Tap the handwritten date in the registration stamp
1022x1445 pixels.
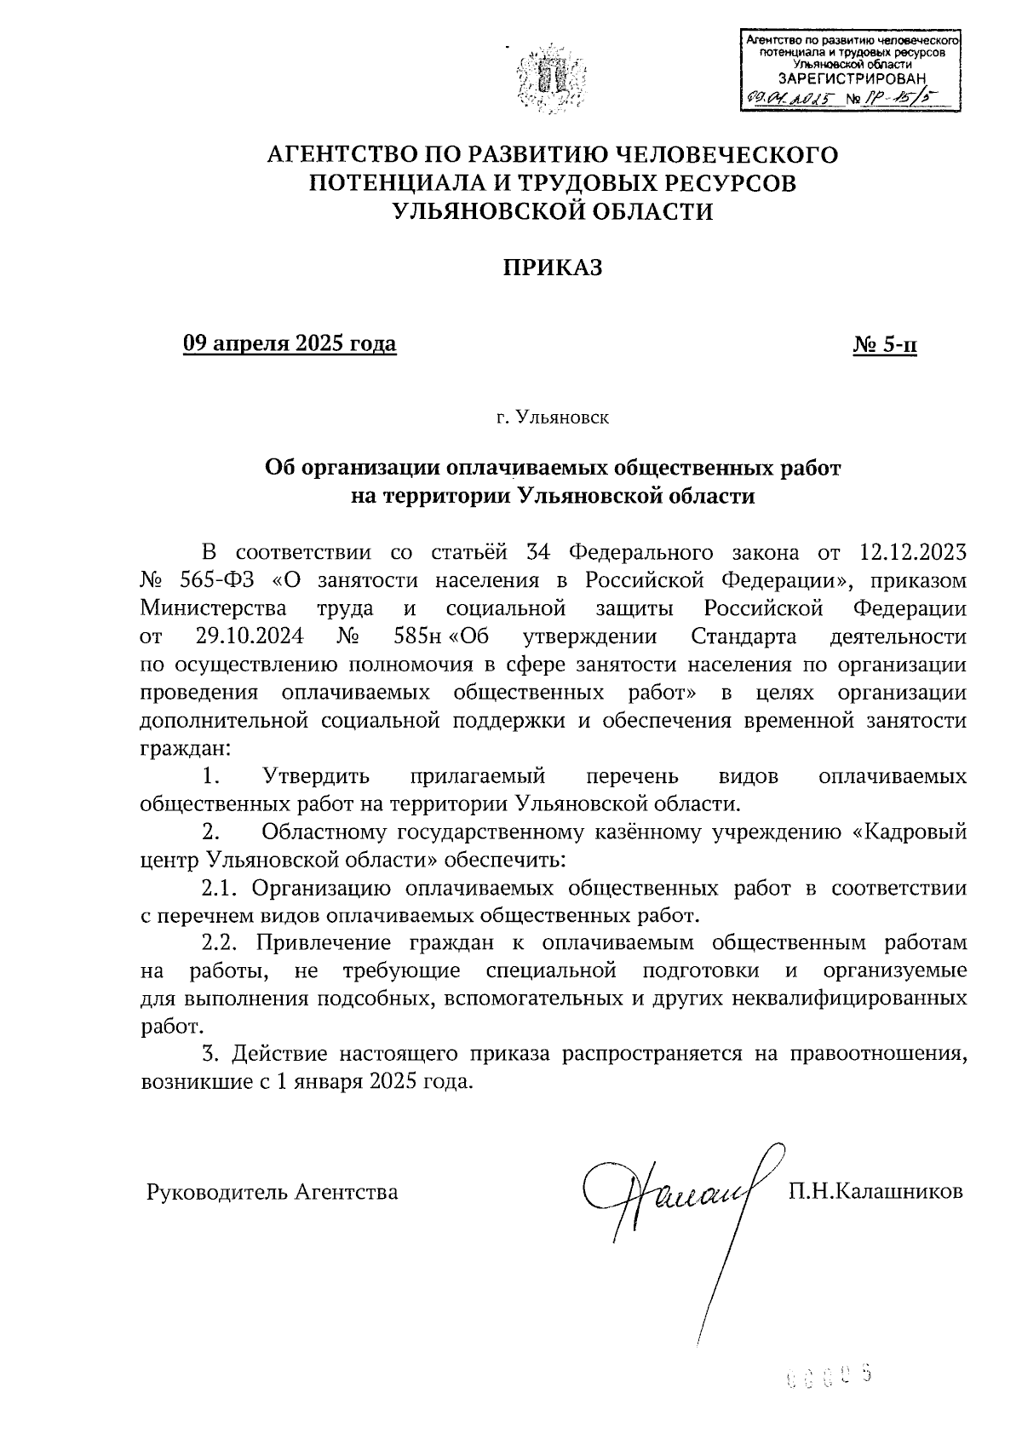pyautogui.click(x=791, y=100)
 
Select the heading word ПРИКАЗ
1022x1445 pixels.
pyautogui.click(x=551, y=268)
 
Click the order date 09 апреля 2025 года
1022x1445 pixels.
pyautogui.click(x=290, y=343)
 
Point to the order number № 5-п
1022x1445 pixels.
pyautogui.click(x=885, y=344)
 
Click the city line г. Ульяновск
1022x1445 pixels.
pyautogui.click(x=553, y=418)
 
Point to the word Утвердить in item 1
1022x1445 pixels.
pyautogui.click(x=316, y=776)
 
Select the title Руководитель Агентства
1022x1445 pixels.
pyautogui.click(x=273, y=1192)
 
